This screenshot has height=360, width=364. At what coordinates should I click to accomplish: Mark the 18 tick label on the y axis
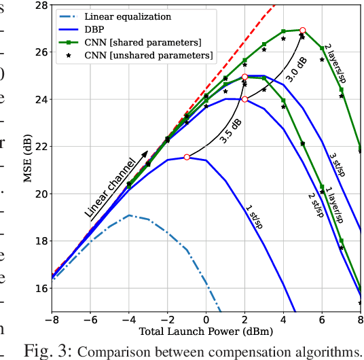coord(39,241)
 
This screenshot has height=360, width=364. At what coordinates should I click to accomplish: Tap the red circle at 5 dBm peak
coord(303,31)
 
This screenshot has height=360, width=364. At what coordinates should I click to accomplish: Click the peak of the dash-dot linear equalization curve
coord(129,215)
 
